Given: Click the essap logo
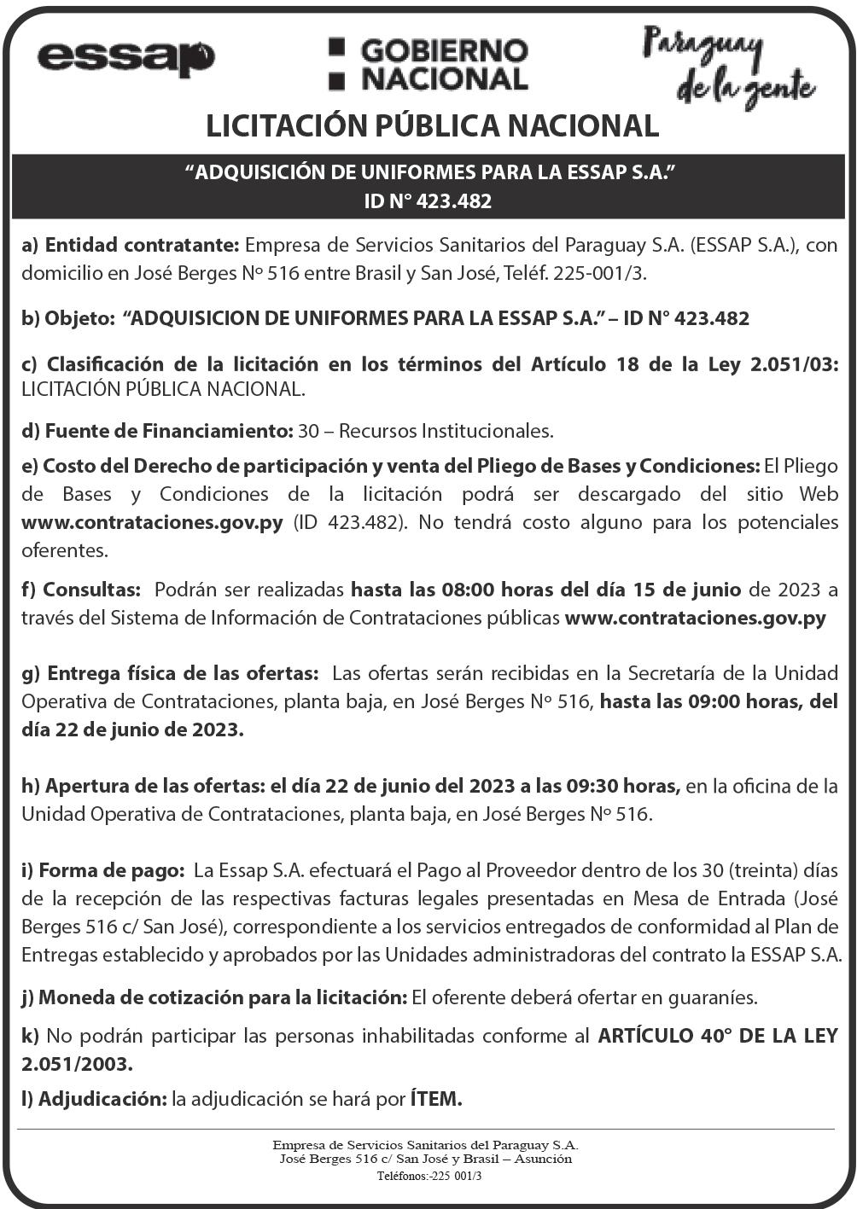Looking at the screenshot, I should click(125, 58).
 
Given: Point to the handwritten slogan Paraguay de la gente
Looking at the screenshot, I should click(727, 67).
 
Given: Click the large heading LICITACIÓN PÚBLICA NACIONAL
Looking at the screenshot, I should click(432, 126).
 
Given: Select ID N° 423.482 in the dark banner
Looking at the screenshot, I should click(428, 201).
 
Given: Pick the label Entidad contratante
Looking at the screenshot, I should click(142, 246).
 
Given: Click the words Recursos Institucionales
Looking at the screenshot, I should click(446, 431).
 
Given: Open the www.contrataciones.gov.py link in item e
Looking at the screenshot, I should click(152, 521).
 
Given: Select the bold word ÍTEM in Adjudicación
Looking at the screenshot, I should click(436, 1098).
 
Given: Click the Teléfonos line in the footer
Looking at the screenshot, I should click(429, 1175).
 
